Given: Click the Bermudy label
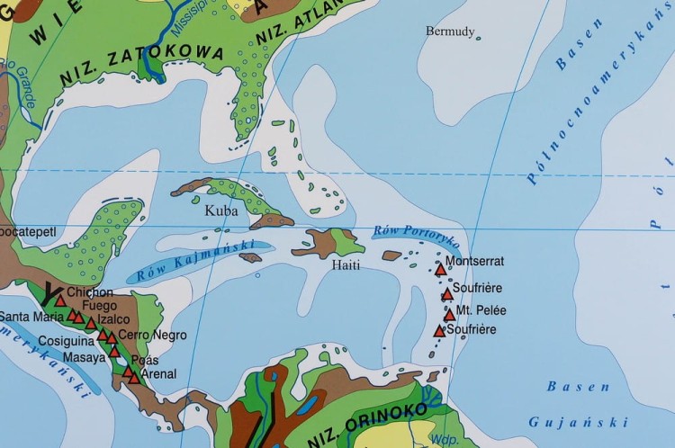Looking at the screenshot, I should pyautogui.click(x=450, y=31).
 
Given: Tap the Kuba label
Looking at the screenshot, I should pyautogui.click(x=221, y=211).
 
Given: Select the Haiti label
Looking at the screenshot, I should pyautogui.click(x=346, y=266).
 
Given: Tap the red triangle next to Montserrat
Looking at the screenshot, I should pyautogui.click(x=441, y=269).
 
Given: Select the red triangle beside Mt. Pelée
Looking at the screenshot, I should pyautogui.click(x=449, y=315).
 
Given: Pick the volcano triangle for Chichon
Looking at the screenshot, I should pyautogui.click(x=60, y=300).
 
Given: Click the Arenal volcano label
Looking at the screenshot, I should pyautogui.click(x=159, y=374).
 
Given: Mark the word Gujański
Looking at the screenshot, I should pyautogui.click(x=577, y=421).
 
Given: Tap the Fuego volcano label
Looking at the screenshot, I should pyautogui.click(x=99, y=306).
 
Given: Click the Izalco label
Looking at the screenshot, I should pyautogui.click(x=115, y=319).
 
